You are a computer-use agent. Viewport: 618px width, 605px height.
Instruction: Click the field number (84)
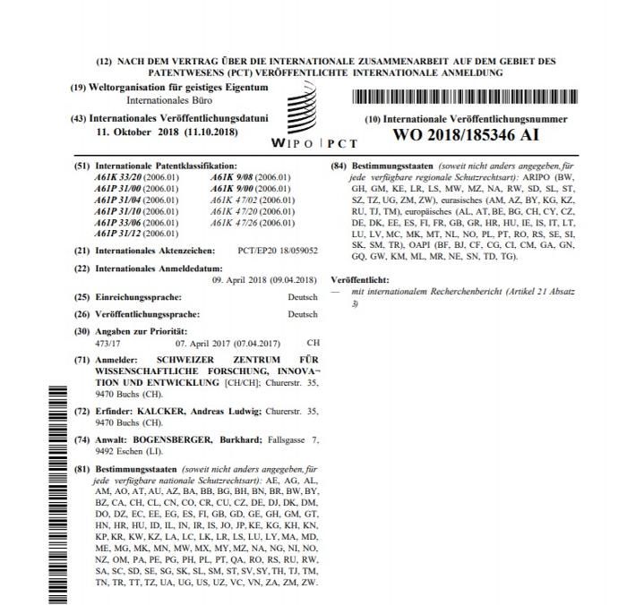pos(339,167)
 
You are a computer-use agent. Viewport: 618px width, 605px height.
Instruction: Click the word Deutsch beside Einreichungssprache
pos(303,296)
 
